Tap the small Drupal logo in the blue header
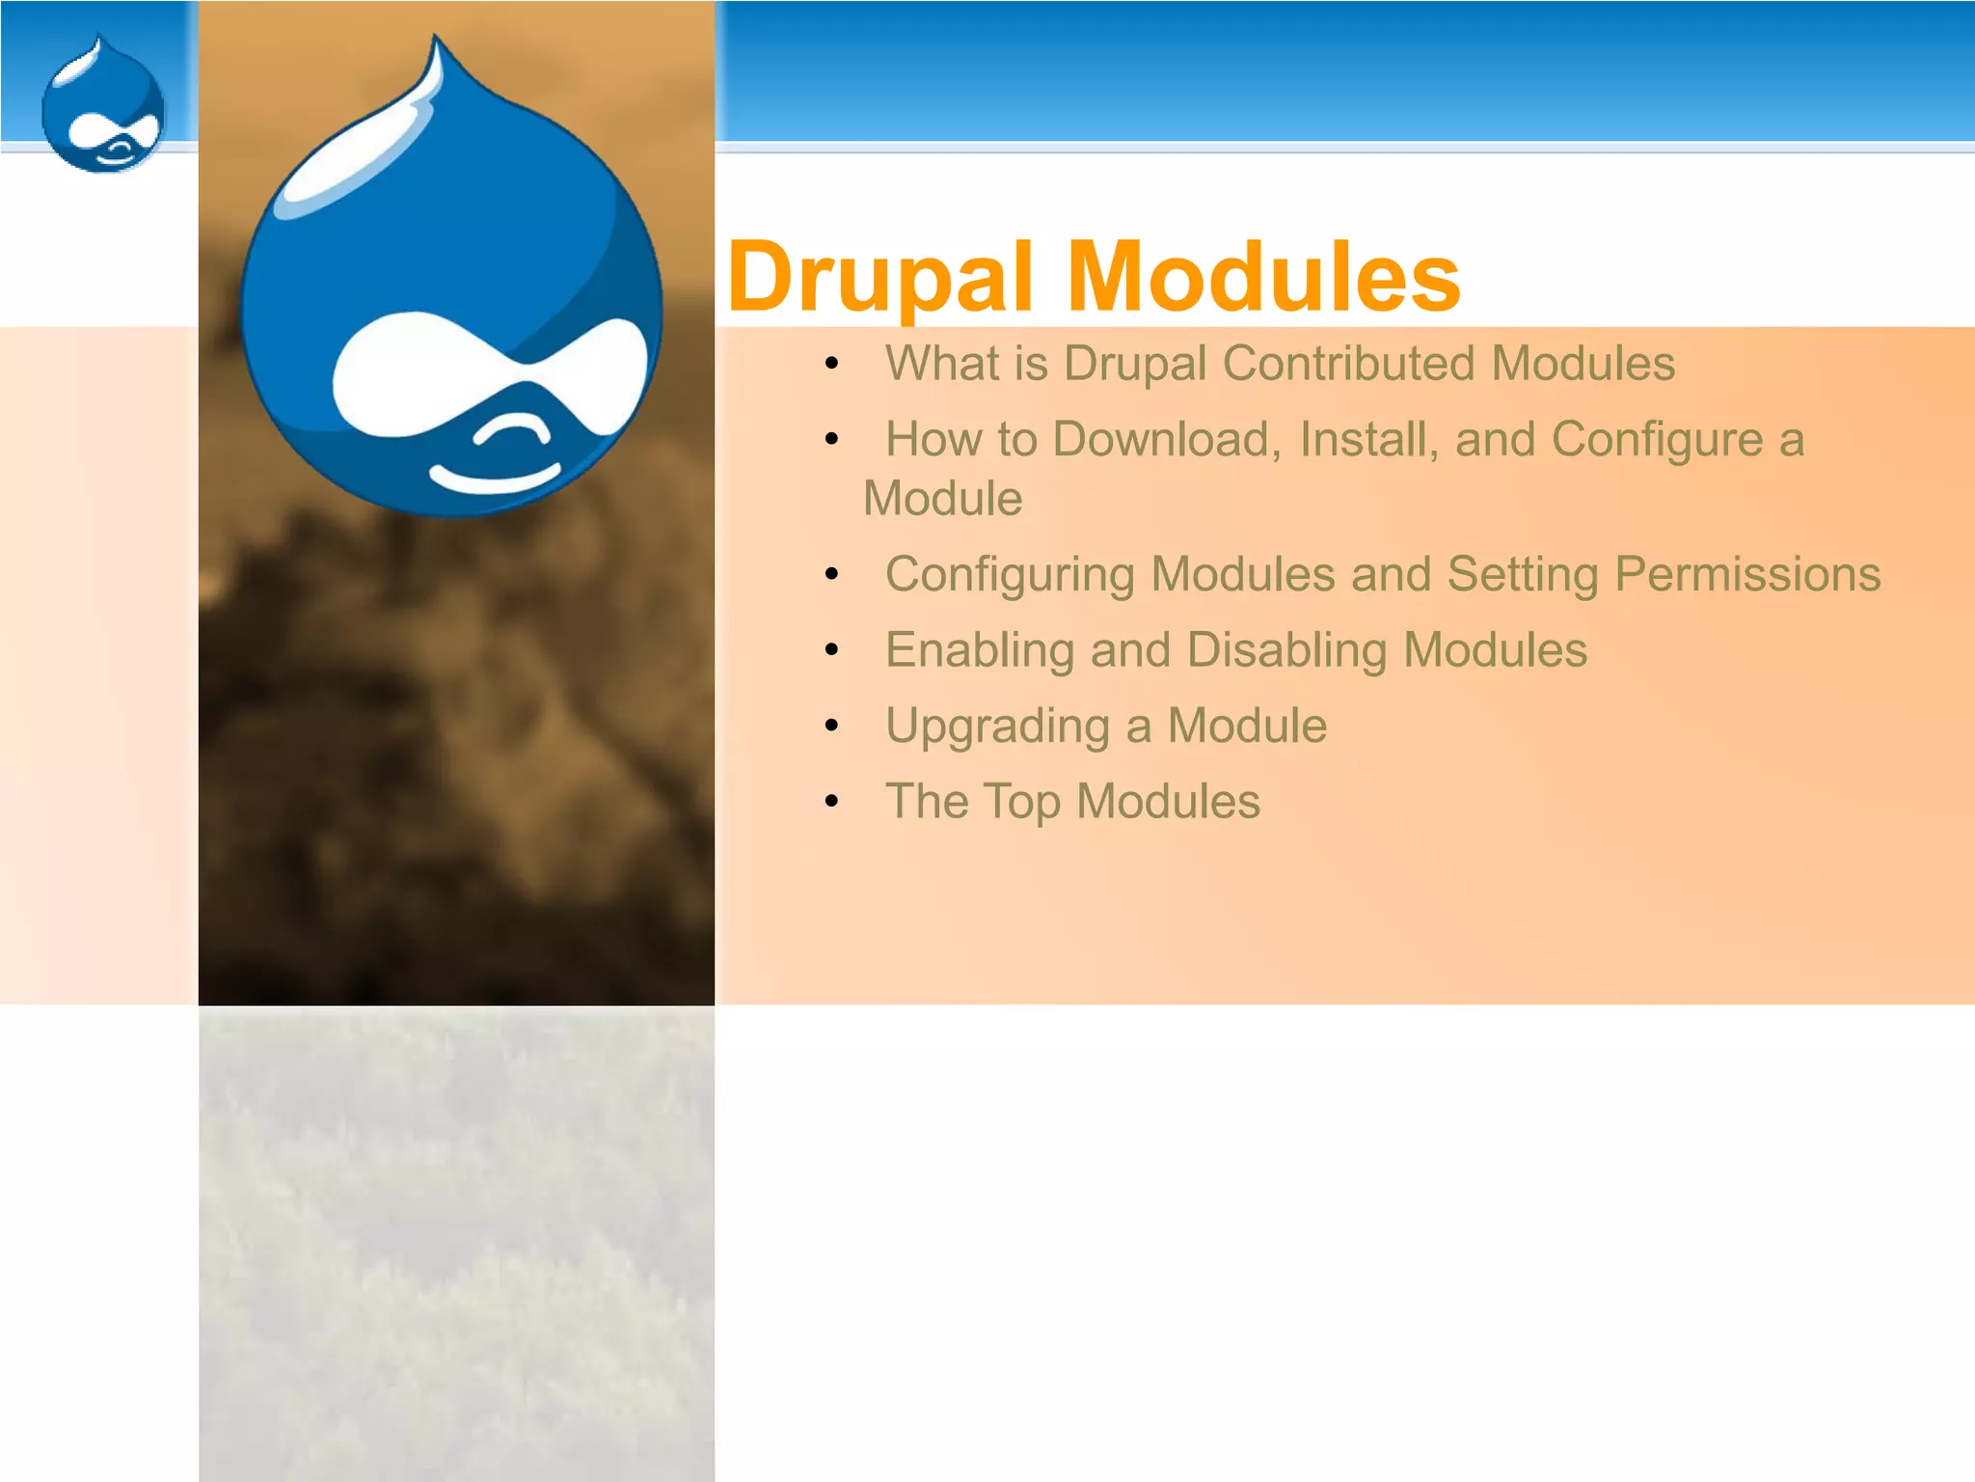click(103, 106)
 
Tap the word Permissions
click(1747, 575)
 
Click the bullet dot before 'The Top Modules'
click(832, 801)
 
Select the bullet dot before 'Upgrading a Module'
click(832, 726)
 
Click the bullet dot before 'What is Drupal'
click(832, 364)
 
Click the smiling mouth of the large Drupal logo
click(494, 478)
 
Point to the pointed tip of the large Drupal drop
click(436, 41)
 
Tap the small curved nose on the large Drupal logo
click(512, 429)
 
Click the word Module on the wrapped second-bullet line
click(942, 499)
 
